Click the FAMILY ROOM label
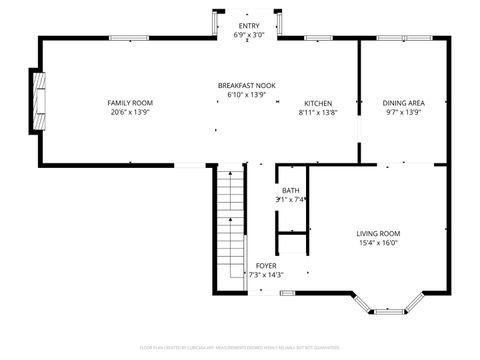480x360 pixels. pos(130,103)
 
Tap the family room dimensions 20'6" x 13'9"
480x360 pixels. pos(130,112)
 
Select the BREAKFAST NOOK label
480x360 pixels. pos(247,86)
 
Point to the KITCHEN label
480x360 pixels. pos(318,103)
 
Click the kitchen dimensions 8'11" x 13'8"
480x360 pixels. pos(318,112)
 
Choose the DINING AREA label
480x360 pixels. pos(403,103)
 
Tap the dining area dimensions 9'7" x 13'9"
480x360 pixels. pos(403,112)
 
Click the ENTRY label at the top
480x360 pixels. pos(247,25)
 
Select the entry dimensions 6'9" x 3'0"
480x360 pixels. pos(247,34)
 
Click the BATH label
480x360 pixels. pos(290,190)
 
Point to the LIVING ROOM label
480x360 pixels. pos(378,234)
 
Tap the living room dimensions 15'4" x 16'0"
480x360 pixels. pos(378,243)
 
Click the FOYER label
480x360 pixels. pos(265,265)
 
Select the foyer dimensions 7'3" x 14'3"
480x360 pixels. pos(265,274)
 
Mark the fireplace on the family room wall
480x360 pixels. pos(37,100)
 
